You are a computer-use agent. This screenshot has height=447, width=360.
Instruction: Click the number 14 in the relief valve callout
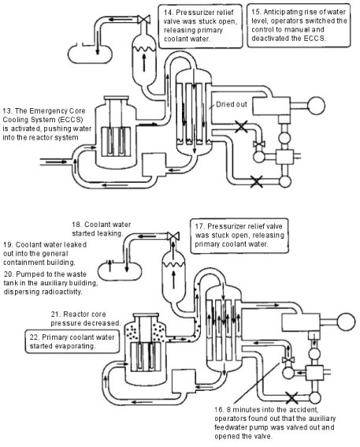tap(168, 13)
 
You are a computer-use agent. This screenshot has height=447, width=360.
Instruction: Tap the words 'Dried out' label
tap(232, 104)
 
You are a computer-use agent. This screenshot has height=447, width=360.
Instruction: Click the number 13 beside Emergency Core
tap(7, 111)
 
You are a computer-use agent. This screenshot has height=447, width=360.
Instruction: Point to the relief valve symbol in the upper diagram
tap(144, 20)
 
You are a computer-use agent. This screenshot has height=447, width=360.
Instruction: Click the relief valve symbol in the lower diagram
tap(173, 236)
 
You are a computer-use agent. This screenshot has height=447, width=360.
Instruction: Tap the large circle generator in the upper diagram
tap(316, 105)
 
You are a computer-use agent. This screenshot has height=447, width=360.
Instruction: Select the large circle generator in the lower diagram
tap(347, 322)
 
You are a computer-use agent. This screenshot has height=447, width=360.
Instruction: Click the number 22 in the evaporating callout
tap(34, 337)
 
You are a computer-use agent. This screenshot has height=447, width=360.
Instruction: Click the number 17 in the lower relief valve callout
tap(199, 226)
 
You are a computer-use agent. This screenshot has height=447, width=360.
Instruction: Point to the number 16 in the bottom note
tap(219, 410)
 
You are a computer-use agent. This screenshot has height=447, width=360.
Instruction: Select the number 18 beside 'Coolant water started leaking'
tap(76, 225)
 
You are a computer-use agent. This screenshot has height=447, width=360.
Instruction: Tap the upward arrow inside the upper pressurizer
tap(144, 62)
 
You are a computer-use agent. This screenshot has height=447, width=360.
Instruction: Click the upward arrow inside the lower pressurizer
tap(173, 279)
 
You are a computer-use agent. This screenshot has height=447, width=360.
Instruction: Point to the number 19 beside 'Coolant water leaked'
tap(8, 245)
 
